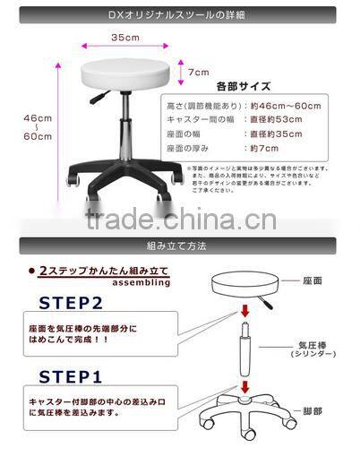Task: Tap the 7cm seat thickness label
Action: click(x=198, y=72)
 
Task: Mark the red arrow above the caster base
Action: click(x=244, y=386)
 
